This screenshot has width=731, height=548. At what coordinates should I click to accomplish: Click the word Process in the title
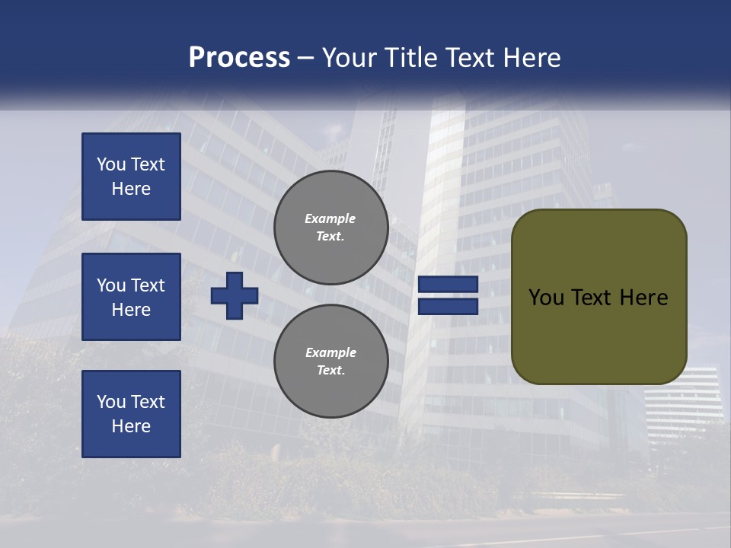pyautogui.click(x=239, y=58)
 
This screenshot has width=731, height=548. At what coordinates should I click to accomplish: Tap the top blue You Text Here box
pyautogui.click(x=131, y=177)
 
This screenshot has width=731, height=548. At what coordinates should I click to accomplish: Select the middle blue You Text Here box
pyautogui.click(x=131, y=297)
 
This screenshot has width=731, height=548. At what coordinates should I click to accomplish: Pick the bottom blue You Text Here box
pyautogui.click(x=131, y=414)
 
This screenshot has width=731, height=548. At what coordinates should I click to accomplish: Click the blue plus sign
pyautogui.click(x=235, y=295)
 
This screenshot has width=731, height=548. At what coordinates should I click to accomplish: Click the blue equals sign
pyautogui.click(x=448, y=295)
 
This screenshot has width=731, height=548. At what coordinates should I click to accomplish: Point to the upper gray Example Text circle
pyautogui.click(x=330, y=228)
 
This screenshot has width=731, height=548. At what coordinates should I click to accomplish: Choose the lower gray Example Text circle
pyautogui.click(x=330, y=362)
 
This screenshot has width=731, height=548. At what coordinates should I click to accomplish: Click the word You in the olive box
pyautogui.click(x=545, y=298)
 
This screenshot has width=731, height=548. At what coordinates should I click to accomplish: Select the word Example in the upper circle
pyautogui.click(x=330, y=218)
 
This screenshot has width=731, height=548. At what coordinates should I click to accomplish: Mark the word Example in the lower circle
pyautogui.click(x=330, y=352)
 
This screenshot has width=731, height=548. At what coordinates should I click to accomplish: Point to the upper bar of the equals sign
pyautogui.click(x=448, y=285)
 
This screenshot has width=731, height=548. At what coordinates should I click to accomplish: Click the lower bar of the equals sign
pyautogui.click(x=448, y=306)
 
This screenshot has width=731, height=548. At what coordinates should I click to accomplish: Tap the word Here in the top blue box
pyautogui.click(x=131, y=189)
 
